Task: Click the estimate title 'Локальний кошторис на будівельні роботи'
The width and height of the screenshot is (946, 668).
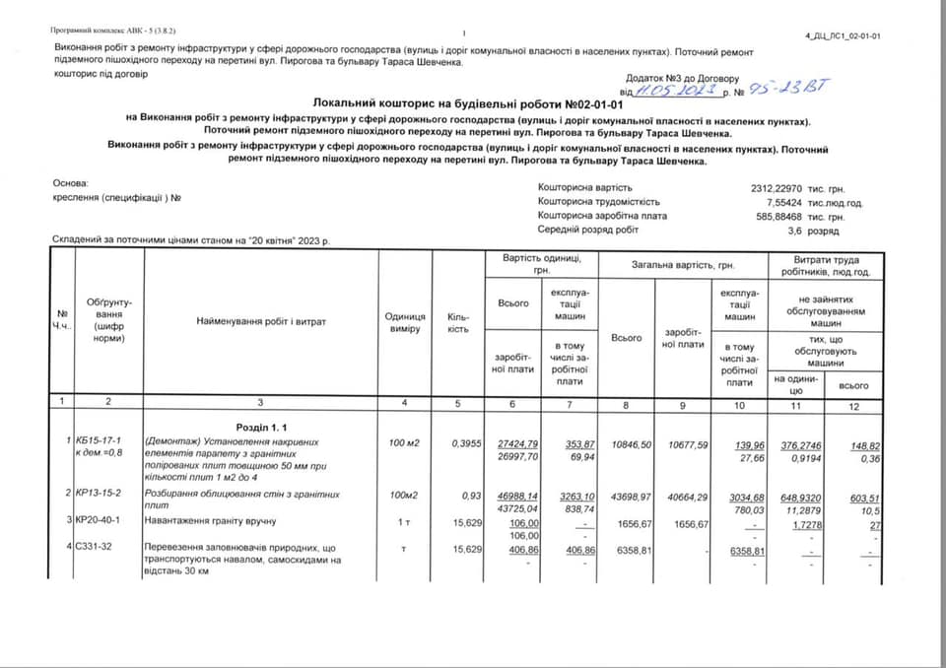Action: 469,103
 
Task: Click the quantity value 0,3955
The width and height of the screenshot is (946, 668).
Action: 466,442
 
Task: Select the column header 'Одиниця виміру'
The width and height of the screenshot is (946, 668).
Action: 405,322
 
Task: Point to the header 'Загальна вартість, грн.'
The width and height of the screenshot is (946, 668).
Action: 678,265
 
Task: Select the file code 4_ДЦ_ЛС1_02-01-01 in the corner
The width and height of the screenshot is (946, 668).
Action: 843,35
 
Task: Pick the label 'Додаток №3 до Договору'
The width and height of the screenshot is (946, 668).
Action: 681,77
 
